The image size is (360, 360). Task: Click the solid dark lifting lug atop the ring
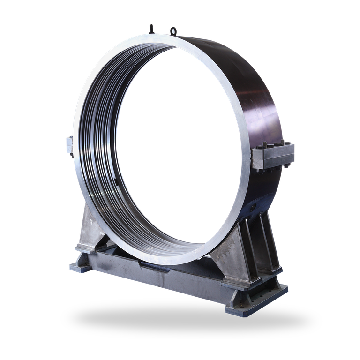coord(151,28)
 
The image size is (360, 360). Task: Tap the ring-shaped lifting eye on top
coord(174,31)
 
